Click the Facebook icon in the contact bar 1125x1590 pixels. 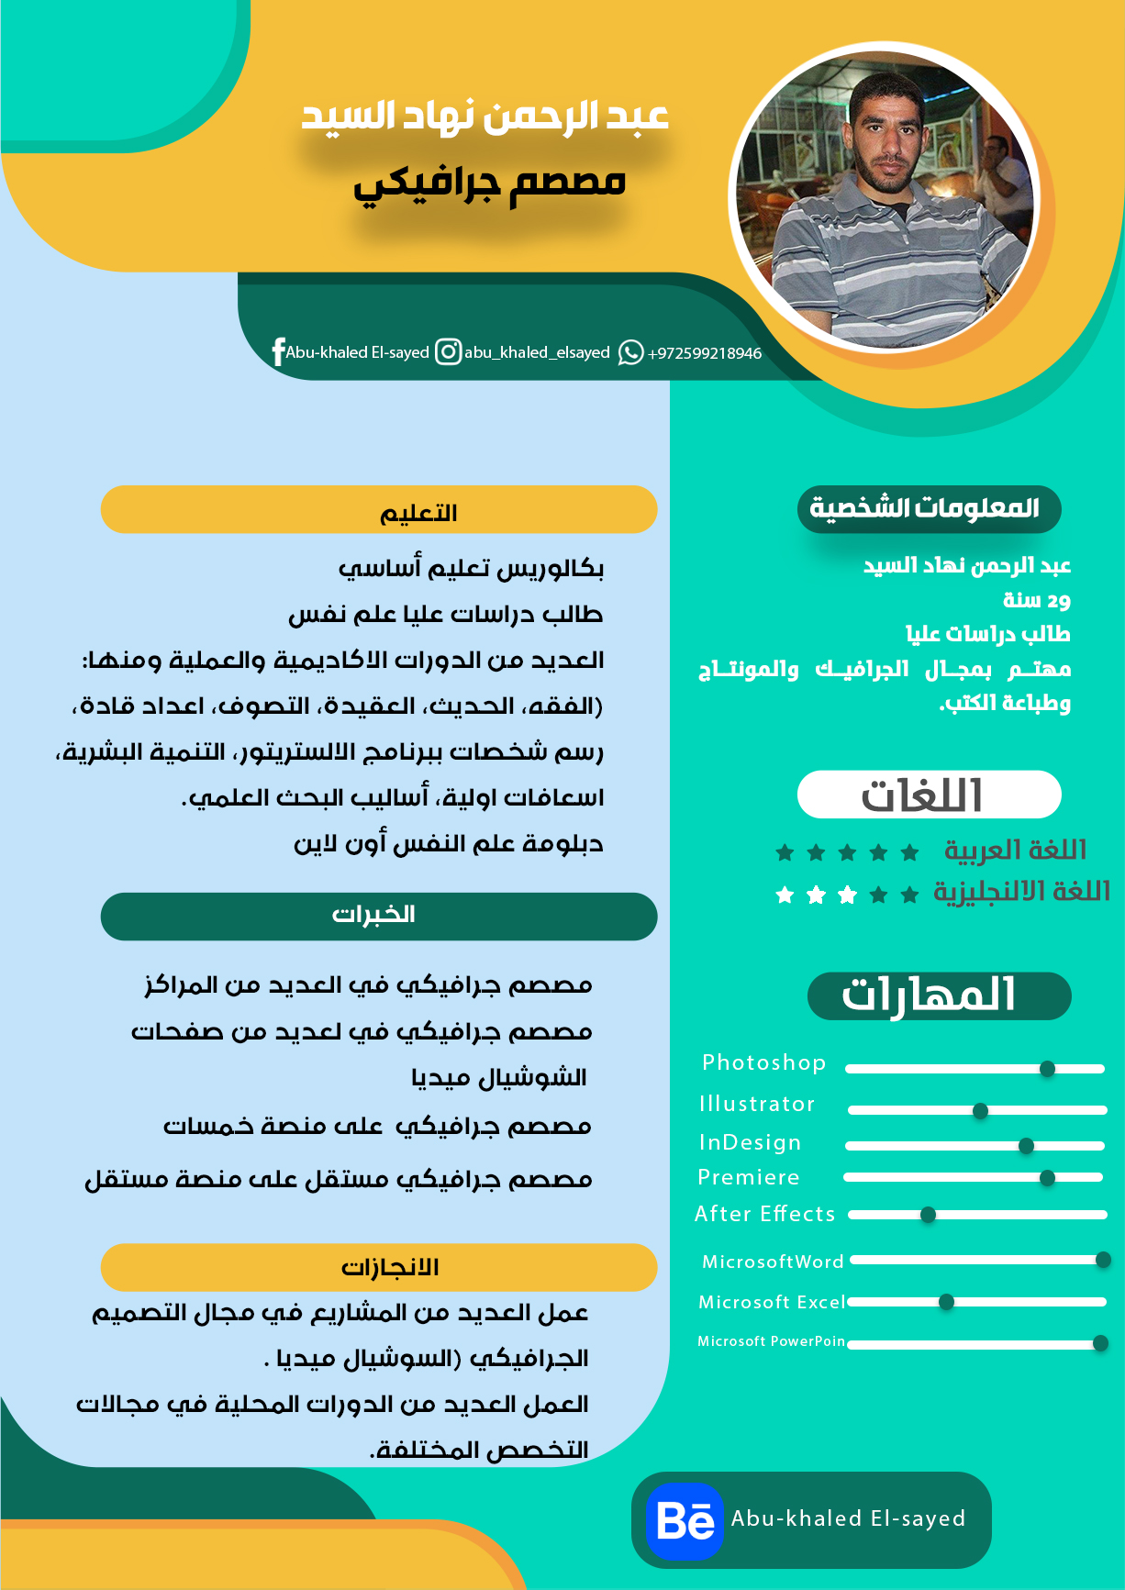tap(278, 352)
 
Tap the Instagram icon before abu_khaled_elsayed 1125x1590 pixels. tap(448, 351)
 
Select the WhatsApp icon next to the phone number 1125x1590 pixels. tap(630, 352)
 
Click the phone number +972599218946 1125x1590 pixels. tap(705, 353)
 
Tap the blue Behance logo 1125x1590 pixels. tap(685, 1520)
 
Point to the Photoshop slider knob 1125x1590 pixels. tap(1047, 1069)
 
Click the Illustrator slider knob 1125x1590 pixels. tap(980, 1111)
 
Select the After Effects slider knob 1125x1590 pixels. tap(928, 1215)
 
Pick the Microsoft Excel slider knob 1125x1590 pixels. tap(946, 1302)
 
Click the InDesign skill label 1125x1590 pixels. tap(750, 1142)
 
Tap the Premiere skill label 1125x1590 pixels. tap(749, 1177)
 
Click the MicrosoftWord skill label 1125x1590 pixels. tap(773, 1262)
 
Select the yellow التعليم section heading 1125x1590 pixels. tap(379, 510)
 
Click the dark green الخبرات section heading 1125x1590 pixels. tap(379, 916)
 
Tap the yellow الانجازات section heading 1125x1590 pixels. tap(379, 1267)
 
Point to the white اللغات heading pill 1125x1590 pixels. tap(929, 795)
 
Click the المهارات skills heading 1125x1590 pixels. tap(939, 995)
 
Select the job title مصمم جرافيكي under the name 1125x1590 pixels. tap(490, 183)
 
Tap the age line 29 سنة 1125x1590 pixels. tap(1037, 600)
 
